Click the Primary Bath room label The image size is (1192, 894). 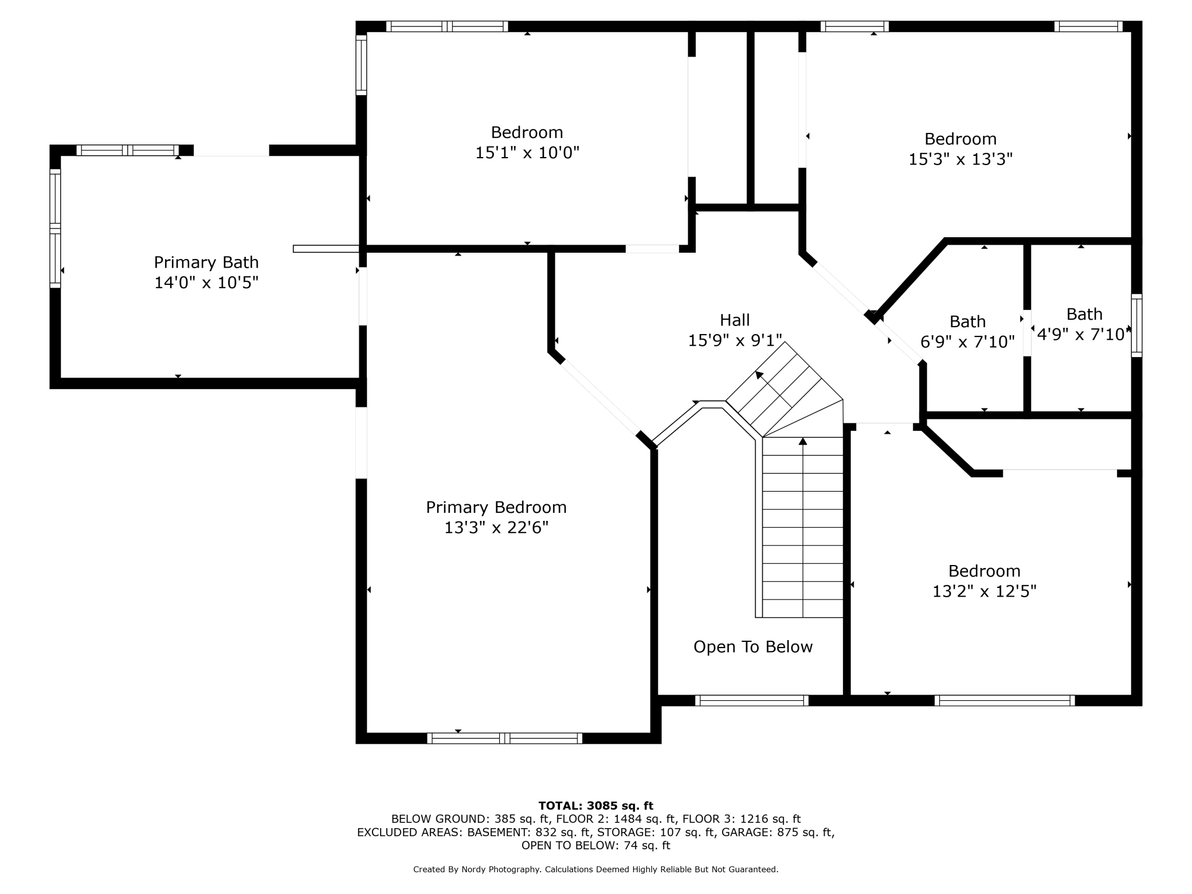pyautogui.click(x=206, y=262)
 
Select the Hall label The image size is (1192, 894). pyautogui.click(x=735, y=320)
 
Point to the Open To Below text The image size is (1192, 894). pyautogui.click(x=753, y=647)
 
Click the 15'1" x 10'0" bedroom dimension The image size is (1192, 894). pyautogui.click(x=527, y=152)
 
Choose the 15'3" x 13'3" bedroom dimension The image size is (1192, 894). pyautogui.click(x=960, y=159)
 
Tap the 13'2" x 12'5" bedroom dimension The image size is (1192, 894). pyautogui.click(x=985, y=591)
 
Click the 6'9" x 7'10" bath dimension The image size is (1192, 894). pyautogui.click(x=967, y=342)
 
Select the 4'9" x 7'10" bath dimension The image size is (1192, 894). pyautogui.click(x=1084, y=334)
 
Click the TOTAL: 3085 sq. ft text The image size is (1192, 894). pyautogui.click(x=596, y=806)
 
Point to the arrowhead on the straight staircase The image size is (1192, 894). pyautogui.click(x=803, y=441)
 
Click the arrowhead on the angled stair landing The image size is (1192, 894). pyautogui.click(x=759, y=375)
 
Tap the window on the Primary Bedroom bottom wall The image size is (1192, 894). pyautogui.click(x=504, y=738)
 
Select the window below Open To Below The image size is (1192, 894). pyautogui.click(x=752, y=700)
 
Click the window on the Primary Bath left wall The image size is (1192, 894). pyautogui.click(x=55, y=228)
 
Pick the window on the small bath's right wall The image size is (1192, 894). pyautogui.click(x=1136, y=326)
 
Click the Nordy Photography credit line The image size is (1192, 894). pyautogui.click(x=596, y=869)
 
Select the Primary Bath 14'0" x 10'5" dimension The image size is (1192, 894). pyautogui.click(x=206, y=283)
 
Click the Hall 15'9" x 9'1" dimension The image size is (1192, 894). pyautogui.click(x=735, y=340)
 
